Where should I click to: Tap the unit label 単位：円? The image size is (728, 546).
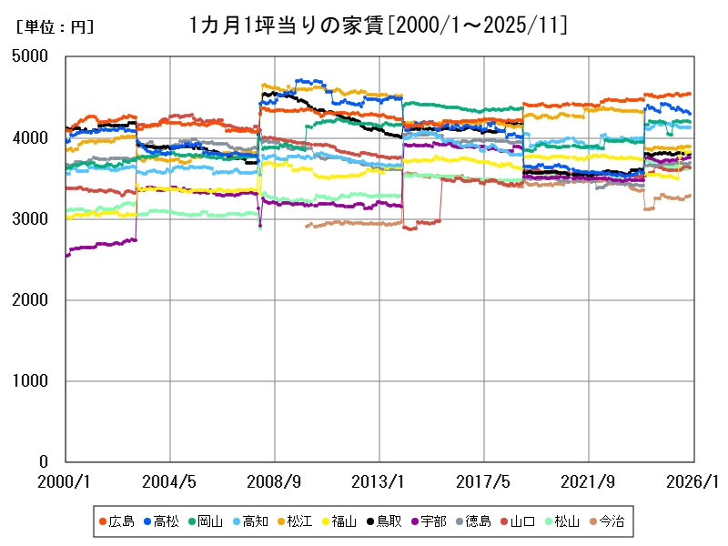point(55,27)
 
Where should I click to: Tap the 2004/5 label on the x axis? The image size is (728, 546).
point(170,480)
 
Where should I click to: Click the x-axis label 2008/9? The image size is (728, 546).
point(275,480)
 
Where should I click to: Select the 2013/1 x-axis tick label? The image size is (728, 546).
point(379,480)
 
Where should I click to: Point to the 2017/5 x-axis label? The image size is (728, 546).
point(484,480)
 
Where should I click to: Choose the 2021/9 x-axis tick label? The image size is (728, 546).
point(589,480)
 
